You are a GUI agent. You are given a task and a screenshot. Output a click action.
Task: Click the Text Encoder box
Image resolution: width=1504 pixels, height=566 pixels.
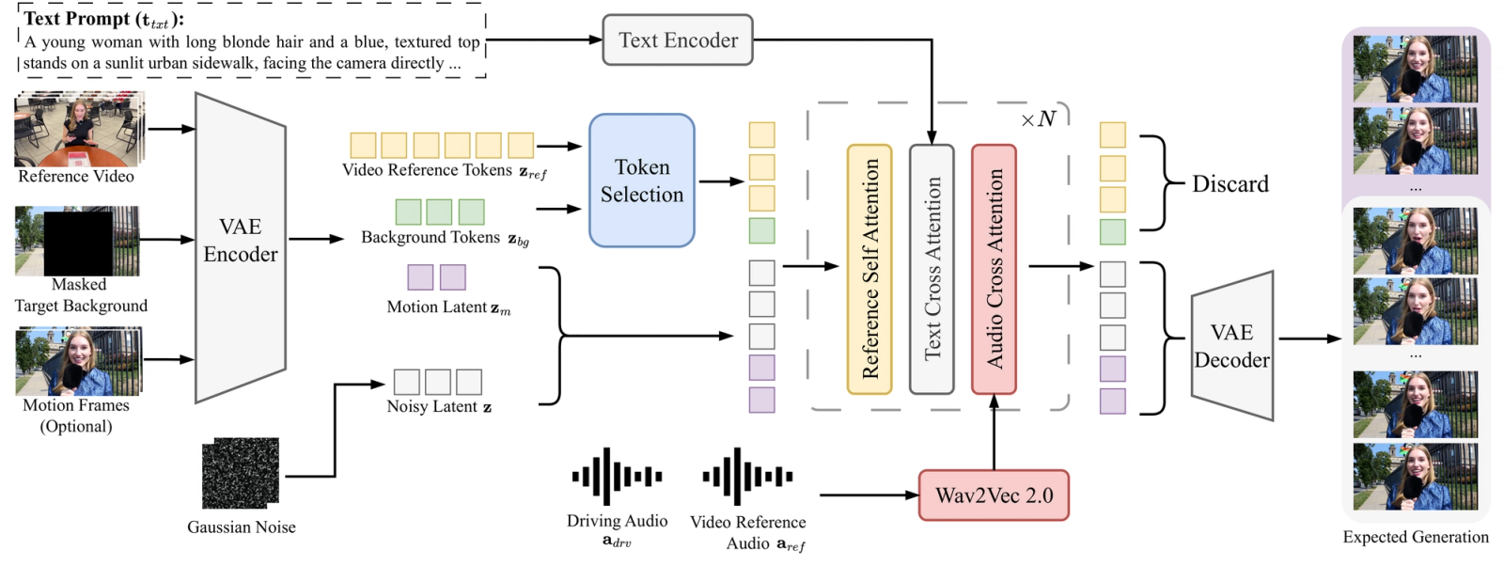click(678, 39)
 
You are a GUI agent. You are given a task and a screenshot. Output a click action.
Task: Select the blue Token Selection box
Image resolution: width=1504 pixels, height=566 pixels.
click(642, 180)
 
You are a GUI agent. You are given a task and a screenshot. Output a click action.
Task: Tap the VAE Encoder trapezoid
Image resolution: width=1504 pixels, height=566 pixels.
click(241, 248)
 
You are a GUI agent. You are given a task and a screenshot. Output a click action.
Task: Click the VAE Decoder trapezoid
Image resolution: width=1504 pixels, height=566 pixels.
click(1232, 346)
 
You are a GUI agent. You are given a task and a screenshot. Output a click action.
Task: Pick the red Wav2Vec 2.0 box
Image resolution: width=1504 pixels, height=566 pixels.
click(994, 495)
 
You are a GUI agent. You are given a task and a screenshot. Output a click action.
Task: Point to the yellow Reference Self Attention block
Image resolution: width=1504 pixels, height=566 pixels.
click(869, 269)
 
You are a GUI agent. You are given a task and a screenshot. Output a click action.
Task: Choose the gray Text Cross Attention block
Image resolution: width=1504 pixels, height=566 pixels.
click(932, 269)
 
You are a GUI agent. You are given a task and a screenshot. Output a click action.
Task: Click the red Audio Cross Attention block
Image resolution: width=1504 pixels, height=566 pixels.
click(994, 269)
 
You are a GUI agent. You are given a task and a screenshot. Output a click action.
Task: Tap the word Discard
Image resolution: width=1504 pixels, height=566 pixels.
click(1230, 183)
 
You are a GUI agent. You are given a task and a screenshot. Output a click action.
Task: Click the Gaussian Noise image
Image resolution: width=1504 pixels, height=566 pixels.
click(241, 473)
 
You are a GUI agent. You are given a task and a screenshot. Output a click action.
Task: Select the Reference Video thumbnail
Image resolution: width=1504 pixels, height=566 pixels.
click(79, 129)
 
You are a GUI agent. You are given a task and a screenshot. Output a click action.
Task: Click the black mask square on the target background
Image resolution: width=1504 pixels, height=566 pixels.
click(78, 244)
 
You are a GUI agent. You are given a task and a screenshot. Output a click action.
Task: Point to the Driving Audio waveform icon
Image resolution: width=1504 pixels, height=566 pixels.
click(617, 476)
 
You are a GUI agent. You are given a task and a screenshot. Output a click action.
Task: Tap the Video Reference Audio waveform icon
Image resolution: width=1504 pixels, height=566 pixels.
click(747, 476)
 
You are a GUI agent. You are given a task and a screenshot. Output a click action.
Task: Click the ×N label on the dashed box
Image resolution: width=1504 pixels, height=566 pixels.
click(1038, 119)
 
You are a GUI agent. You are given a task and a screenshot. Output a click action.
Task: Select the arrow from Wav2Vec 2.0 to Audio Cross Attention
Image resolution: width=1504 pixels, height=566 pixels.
click(994, 432)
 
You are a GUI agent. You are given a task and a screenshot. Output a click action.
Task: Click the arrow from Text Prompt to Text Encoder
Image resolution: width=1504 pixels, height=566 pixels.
click(544, 39)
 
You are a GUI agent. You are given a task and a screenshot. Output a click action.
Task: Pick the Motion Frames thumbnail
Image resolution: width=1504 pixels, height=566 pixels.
click(79, 361)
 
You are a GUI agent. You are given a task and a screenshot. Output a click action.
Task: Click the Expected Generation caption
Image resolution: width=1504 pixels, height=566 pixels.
click(1416, 537)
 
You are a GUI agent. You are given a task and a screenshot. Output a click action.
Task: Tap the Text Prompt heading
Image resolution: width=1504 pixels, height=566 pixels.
click(104, 19)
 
